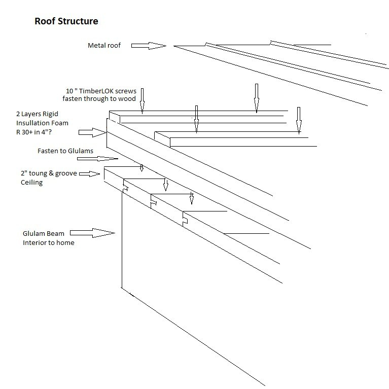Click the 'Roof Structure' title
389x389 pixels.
coord(66,21)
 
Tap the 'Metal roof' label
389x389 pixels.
coord(104,46)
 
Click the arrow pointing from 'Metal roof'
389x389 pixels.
coord(149,46)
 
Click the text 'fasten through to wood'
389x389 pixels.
coord(99,99)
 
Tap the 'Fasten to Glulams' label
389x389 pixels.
coord(65,151)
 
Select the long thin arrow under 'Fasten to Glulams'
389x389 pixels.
coord(103,159)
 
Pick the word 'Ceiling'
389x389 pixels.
coord(32,182)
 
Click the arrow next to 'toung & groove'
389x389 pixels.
coord(90,174)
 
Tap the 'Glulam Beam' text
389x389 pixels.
coord(42,234)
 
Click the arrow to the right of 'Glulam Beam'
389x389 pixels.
coord(92,233)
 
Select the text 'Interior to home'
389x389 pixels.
coord(48,242)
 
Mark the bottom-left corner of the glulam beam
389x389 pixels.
coord(122,288)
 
